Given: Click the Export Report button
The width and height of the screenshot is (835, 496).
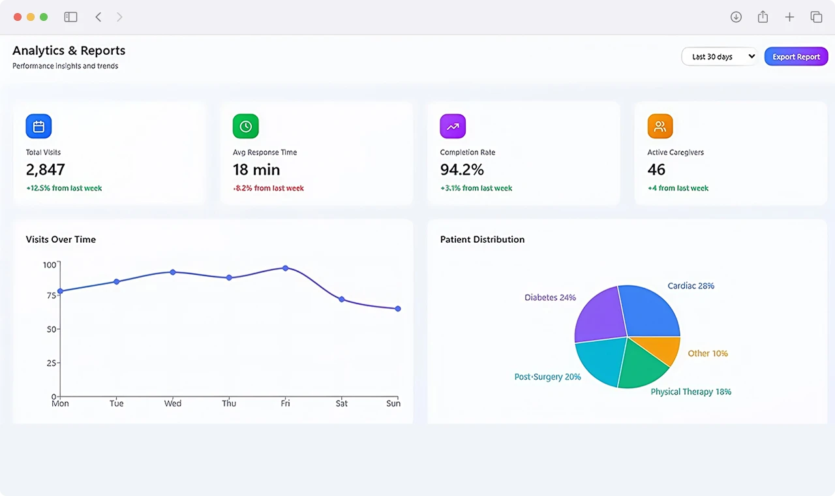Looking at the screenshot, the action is coord(796,56).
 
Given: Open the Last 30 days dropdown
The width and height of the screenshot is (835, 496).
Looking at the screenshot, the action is coord(720,56).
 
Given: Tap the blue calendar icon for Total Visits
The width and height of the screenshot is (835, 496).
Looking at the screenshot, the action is coord(38,126).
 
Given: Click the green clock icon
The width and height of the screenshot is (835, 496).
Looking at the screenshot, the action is coord(246,126).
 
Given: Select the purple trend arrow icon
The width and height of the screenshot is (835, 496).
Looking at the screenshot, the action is coord(453,126).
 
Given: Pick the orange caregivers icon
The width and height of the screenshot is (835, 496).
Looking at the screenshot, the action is coord(660,126).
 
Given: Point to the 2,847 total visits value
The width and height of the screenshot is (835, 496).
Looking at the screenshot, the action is coord(46,170).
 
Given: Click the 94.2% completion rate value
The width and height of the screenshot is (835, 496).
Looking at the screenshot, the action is coord(462,170).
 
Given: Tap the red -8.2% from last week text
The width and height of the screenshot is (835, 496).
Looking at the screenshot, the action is coord(268,188).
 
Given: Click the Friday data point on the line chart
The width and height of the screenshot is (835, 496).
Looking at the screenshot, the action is coord(285,268).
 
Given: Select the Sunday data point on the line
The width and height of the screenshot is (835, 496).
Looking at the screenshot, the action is coord(398,309).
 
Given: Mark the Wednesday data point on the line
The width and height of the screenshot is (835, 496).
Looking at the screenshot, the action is coord(173,272).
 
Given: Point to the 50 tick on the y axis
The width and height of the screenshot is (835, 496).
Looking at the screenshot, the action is coord(52,329).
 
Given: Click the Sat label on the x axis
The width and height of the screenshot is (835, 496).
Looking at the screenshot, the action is coord(341,403).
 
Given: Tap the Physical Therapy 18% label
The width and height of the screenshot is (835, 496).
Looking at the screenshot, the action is coord(691,392).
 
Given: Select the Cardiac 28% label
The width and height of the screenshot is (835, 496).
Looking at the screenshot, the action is coord(691,286).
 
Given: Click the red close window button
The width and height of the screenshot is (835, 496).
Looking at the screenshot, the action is coord(18,17).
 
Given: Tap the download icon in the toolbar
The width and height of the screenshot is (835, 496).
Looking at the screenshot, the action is coord(736,17).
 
